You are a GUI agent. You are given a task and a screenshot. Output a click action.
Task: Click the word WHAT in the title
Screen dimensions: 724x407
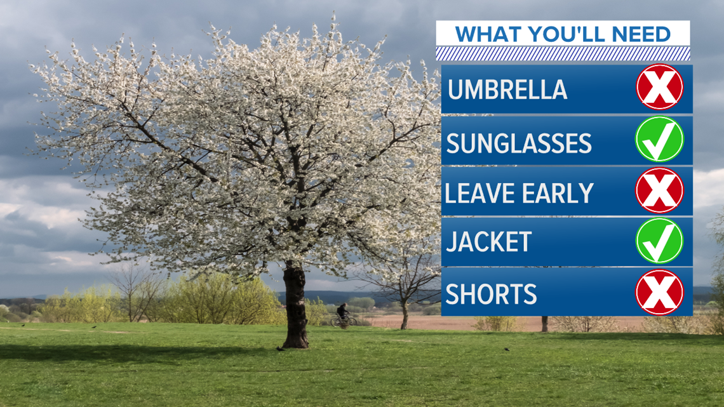tap(489, 35)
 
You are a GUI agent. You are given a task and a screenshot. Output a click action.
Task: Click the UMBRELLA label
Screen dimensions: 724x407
tap(507, 90)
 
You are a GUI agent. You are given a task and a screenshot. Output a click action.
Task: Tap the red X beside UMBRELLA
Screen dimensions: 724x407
tap(659, 87)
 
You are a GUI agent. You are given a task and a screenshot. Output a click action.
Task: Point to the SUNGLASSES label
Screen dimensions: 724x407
tap(518, 143)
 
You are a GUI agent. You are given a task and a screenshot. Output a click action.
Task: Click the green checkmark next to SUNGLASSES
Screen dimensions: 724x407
tap(659, 139)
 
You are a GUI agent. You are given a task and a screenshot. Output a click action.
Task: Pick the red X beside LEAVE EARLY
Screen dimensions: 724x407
tap(659, 190)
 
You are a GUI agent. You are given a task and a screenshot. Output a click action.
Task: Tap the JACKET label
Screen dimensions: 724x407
tap(488, 242)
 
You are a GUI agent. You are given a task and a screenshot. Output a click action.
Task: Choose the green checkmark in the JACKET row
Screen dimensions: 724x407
tap(659, 241)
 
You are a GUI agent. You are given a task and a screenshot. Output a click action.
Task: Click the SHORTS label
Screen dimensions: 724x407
tap(492, 294)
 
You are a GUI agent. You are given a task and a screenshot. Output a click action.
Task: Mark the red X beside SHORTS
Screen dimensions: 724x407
tap(659, 292)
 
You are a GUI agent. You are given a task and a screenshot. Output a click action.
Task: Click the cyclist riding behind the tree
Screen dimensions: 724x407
tap(343, 316)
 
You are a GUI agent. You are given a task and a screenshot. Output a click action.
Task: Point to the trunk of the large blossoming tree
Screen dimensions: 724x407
tap(295, 307)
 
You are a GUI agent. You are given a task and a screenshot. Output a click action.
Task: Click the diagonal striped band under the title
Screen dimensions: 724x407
tap(563, 53)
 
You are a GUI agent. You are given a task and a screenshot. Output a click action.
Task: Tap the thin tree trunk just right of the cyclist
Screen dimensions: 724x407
tap(405, 315)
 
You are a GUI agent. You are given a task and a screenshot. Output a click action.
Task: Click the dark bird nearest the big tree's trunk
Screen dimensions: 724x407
tap(280, 349)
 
